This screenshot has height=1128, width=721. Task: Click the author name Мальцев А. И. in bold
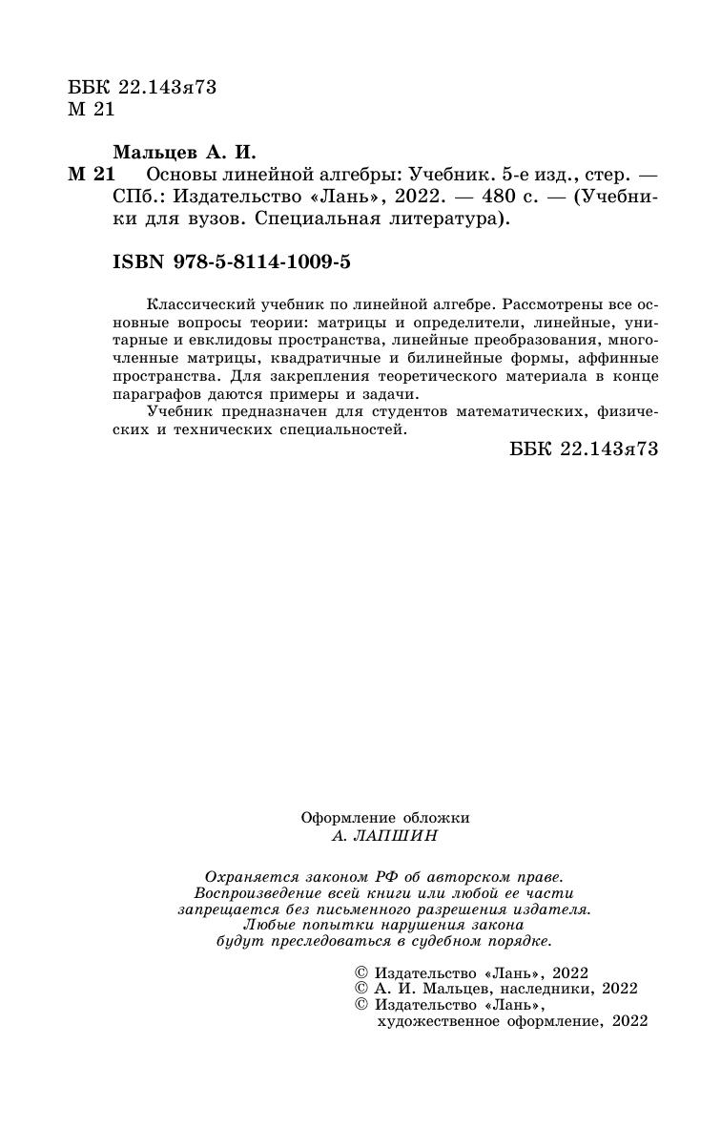[185, 153]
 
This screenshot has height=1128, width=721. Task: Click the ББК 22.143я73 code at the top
[143, 88]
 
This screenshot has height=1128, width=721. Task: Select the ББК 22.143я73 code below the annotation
[585, 450]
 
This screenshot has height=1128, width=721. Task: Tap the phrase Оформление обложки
[385, 817]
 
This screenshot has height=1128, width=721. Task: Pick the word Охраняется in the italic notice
[243, 876]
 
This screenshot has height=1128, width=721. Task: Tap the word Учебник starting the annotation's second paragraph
[178, 412]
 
